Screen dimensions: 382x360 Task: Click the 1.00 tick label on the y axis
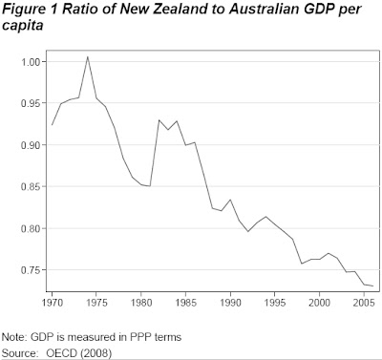click(32, 62)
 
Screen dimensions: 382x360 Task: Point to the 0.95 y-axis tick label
click(32, 103)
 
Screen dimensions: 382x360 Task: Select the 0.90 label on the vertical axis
click(32, 145)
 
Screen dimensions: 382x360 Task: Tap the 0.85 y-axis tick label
click(32, 186)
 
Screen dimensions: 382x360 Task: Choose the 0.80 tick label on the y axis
click(32, 228)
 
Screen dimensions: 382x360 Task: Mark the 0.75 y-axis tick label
click(32, 270)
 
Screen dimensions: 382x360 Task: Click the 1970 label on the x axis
click(53, 303)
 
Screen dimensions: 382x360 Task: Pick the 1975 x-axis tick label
click(96, 303)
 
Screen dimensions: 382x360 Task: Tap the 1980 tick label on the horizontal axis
click(141, 303)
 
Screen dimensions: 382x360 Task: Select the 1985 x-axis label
click(185, 303)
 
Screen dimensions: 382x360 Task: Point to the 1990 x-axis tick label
click(230, 303)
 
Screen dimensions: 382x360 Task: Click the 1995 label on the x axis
click(275, 303)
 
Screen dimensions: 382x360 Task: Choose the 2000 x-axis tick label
click(319, 303)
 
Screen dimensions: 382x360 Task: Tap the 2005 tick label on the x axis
click(364, 303)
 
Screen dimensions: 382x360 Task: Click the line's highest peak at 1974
click(88, 56)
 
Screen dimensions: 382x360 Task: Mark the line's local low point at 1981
click(150, 186)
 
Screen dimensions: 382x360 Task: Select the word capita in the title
click(22, 26)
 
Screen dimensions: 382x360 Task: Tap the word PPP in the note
click(141, 337)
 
